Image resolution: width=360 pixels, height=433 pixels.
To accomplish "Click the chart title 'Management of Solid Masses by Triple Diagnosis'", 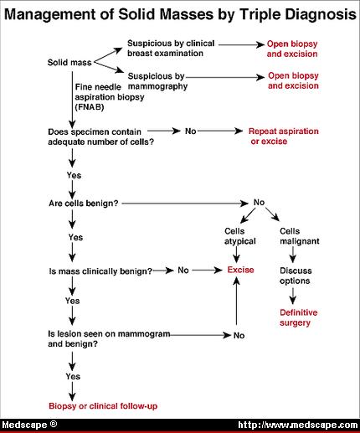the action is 180,14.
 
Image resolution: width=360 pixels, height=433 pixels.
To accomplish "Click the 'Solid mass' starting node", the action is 69,62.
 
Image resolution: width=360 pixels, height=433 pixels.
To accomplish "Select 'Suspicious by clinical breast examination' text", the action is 171,49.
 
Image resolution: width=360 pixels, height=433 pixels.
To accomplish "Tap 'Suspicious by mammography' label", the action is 157,81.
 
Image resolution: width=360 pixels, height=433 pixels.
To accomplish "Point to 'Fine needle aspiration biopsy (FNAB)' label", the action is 110,97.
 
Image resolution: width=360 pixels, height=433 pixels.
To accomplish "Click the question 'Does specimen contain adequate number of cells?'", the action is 100,137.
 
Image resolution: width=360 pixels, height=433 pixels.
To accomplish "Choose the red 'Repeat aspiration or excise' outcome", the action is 284,137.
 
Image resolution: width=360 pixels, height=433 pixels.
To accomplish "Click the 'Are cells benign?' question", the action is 84,204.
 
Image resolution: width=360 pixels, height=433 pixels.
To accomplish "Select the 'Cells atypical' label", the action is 240,236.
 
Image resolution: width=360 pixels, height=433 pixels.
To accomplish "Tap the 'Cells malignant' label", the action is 300,236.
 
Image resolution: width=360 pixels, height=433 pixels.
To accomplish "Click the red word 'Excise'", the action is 240,270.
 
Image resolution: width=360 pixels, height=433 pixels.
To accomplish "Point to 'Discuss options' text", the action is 296,276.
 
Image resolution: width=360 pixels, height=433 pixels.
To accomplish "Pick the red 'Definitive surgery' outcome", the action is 298,317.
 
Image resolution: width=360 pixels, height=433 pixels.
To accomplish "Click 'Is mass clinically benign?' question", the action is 100,271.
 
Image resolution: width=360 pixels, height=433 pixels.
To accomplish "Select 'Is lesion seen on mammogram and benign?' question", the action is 109,338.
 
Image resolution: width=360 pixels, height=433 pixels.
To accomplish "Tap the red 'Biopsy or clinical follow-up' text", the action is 103,406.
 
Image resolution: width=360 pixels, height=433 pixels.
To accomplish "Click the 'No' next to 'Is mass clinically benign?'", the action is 183,271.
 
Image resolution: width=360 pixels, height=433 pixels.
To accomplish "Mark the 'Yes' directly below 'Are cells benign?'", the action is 75,237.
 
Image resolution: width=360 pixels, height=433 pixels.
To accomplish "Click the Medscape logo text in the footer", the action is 29,425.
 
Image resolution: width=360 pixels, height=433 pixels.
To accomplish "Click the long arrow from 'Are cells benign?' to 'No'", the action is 185,204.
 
